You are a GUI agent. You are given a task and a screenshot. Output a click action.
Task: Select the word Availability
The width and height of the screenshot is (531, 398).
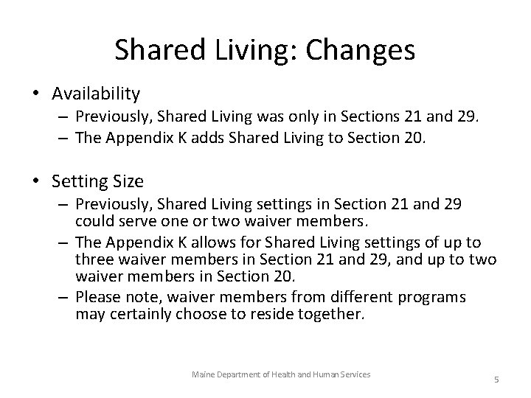tap(96, 94)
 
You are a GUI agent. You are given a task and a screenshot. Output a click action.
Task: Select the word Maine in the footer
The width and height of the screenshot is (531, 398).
tap(202, 375)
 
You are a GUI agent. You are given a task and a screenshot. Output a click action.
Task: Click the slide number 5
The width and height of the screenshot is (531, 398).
tap(496, 380)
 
